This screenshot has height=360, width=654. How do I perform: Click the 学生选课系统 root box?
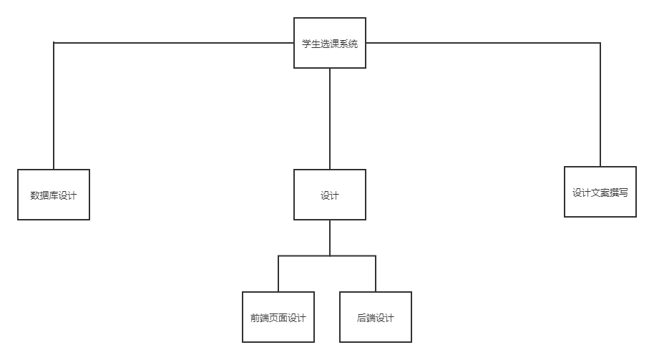coord(329,43)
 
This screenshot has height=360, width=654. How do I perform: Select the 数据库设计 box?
coord(54,195)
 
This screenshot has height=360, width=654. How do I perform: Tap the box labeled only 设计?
coord(329,195)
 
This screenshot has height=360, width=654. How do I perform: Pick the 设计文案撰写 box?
coord(600,192)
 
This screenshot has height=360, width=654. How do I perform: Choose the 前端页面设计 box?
coord(278,317)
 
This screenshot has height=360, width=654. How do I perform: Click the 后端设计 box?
coord(375,317)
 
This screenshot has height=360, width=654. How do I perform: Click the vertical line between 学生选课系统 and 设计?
coord(329,118)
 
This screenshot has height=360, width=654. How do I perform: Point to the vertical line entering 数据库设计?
coord(54,107)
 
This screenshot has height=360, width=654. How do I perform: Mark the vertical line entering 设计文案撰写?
coord(600,107)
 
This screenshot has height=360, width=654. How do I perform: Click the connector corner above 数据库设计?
coord(54,43)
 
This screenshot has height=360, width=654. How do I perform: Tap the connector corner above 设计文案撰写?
coord(600,43)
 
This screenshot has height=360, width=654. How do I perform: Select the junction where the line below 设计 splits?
coord(329,256)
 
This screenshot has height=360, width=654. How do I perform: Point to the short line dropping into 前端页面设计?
coord(278,273)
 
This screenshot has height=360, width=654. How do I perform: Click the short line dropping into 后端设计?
coord(375,273)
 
